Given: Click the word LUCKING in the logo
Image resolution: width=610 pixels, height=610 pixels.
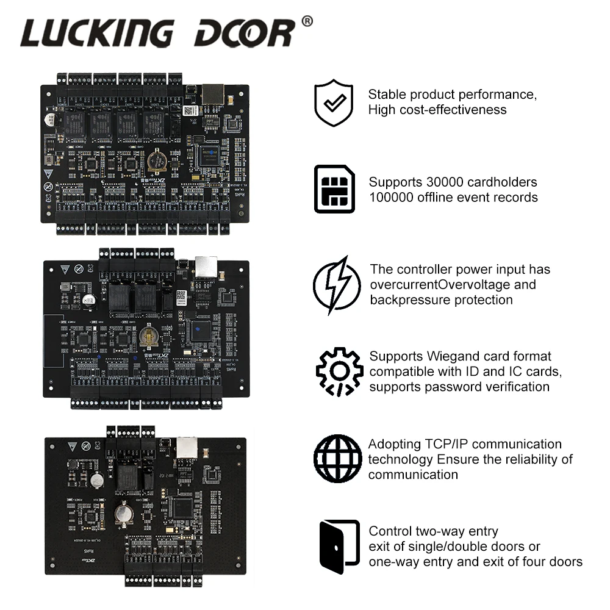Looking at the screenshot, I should click(x=97, y=33).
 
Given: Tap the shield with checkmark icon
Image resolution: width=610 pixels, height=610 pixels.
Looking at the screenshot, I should click(x=334, y=102).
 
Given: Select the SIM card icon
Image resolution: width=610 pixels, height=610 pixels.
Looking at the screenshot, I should click(x=334, y=189).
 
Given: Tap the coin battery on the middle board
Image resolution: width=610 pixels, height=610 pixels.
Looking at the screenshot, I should click(x=147, y=336).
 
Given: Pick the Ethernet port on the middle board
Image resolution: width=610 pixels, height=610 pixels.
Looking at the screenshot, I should click(x=206, y=265).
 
